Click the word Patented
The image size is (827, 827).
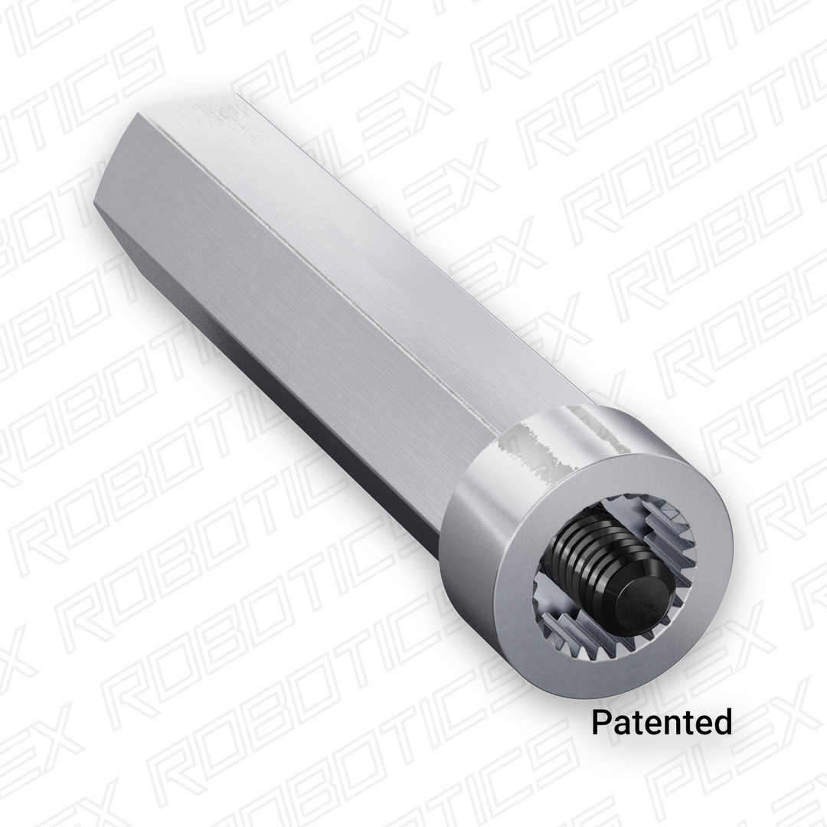coord(662,722)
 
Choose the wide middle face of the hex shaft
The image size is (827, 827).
coord(306,306)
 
